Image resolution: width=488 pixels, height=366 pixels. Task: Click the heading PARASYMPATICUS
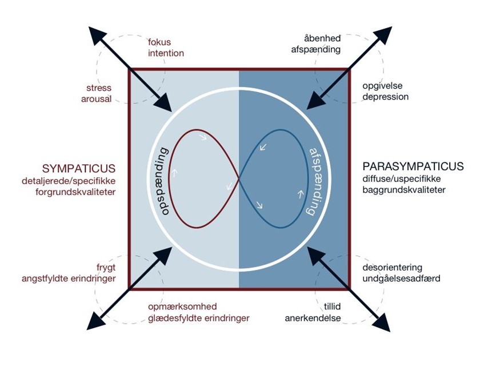413,167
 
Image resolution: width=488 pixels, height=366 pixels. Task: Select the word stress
99,88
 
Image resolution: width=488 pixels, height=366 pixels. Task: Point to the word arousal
97,99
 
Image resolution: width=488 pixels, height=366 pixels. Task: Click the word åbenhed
322,38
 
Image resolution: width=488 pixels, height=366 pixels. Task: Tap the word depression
386,97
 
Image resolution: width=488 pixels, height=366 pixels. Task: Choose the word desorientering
391,267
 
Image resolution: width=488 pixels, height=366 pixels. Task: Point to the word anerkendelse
313,318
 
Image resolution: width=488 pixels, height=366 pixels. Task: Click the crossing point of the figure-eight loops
239,179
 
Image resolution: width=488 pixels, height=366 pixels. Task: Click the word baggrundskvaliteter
404,190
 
